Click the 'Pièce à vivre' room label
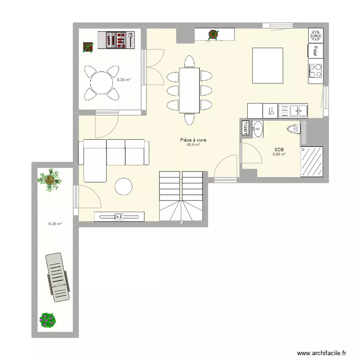(193, 140)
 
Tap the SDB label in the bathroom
(279, 149)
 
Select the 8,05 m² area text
(124, 80)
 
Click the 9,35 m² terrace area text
(55, 223)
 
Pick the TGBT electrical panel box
(245, 128)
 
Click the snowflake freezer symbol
(315, 35)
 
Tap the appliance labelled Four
(315, 50)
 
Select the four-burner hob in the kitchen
(315, 70)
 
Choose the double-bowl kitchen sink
(293, 111)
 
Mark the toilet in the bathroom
(292, 128)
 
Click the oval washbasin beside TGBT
(258, 128)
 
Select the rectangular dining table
(189, 90)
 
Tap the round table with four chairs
(101, 83)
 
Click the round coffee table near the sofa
(124, 187)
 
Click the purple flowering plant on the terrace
(48, 320)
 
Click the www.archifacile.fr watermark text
(322, 352)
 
